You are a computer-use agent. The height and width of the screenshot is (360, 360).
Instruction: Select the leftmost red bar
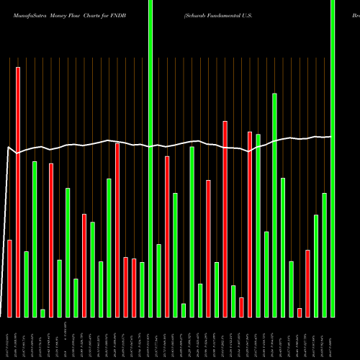(10, 278)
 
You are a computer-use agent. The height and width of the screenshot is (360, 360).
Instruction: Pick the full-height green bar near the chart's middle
(150, 158)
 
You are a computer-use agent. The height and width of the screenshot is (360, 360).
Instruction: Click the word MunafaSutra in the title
(25, 14)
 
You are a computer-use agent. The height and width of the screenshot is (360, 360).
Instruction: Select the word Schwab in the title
(199, 14)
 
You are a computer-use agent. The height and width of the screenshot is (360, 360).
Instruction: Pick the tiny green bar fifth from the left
(43, 312)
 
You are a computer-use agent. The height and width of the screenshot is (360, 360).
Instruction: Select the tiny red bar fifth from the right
(300, 312)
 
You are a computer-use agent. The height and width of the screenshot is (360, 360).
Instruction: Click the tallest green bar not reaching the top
(274, 204)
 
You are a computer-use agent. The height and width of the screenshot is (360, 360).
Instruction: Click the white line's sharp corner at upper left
(8, 148)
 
